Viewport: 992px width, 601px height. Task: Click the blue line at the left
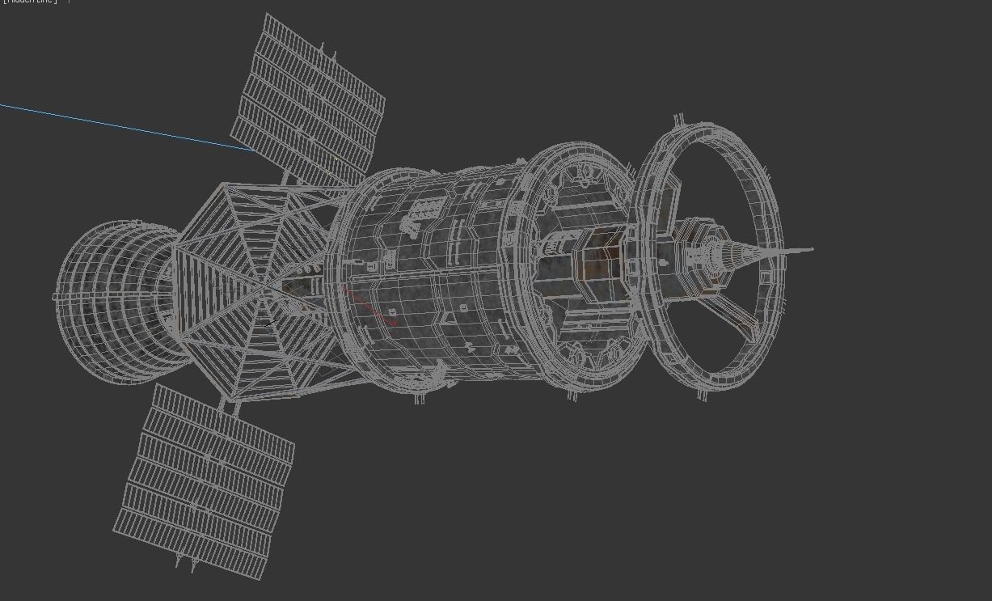(x=121, y=125)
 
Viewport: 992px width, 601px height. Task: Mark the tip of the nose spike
(x=811, y=249)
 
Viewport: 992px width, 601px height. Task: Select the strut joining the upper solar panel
(x=287, y=177)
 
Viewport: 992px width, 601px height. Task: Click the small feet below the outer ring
(x=702, y=396)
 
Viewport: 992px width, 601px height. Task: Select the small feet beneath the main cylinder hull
(x=420, y=398)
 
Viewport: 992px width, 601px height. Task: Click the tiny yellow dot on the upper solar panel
(x=336, y=159)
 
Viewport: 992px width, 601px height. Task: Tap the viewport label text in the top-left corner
(x=29, y=2)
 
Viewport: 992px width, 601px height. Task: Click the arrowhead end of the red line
(x=395, y=324)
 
